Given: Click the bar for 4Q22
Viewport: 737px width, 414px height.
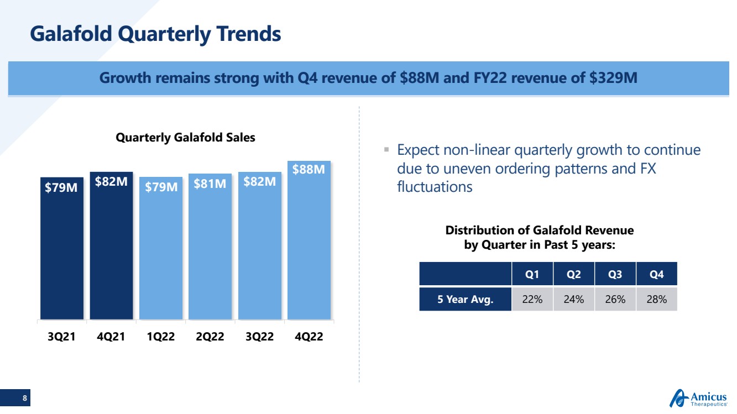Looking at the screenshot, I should [x=309, y=243].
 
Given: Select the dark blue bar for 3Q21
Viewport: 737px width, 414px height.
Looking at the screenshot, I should [x=61, y=249].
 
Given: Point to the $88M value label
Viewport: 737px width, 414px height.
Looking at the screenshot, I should [x=309, y=169].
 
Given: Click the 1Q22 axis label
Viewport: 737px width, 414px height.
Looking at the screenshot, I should [x=160, y=337].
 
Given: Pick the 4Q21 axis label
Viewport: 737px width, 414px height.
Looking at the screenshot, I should [x=111, y=337].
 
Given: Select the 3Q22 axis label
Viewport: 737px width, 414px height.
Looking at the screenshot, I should [x=259, y=337].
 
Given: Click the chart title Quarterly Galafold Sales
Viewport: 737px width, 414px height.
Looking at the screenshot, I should [x=185, y=138].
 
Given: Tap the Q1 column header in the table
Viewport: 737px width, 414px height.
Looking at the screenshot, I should [x=532, y=275].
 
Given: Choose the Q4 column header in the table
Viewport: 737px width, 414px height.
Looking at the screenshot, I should [x=656, y=275].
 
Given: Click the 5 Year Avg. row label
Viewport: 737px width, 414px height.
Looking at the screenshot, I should [x=465, y=300].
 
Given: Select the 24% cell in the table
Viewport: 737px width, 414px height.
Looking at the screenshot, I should [x=573, y=300].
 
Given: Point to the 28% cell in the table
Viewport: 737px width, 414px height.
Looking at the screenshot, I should [x=656, y=300].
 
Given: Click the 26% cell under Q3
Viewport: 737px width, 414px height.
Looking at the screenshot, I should [x=615, y=300].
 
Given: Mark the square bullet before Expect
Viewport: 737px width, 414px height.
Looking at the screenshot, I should [x=386, y=149].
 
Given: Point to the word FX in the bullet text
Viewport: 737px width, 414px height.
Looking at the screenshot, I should [x=645, y=169].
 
